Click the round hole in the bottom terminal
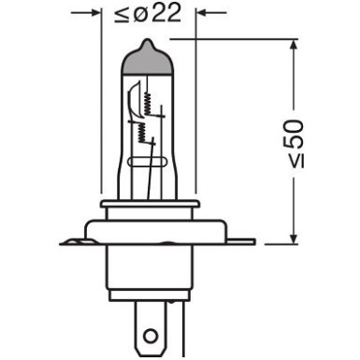point(151,331)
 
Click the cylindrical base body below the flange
point(150,277)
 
